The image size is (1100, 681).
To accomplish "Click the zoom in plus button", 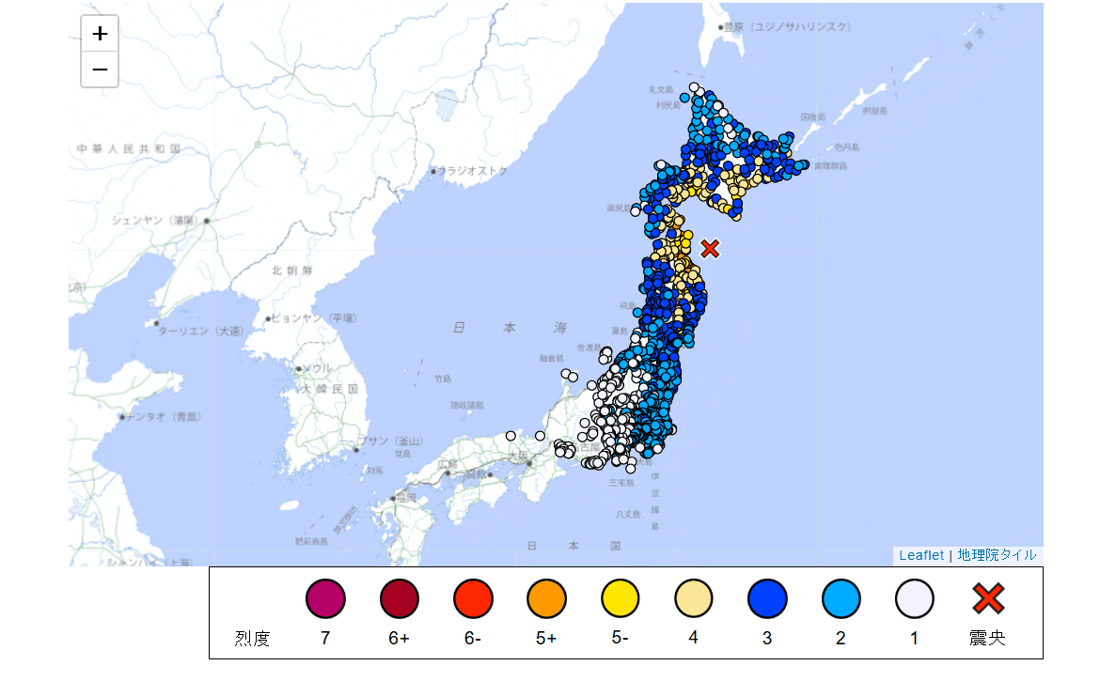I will point(100,34).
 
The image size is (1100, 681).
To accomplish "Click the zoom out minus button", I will point(100,70).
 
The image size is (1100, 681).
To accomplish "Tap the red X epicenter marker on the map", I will point(710,248).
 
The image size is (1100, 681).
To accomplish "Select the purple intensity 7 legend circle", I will point(325,598).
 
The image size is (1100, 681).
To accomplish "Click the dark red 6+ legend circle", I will point(400,598).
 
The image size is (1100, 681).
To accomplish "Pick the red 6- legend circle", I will point(473,598).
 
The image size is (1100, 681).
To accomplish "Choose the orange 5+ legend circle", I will point(546,598).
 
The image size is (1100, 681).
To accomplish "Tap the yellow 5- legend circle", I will point(620,598).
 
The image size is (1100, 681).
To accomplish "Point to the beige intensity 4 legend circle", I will point(693,598).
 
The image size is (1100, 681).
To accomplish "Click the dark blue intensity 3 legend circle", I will point(767,598).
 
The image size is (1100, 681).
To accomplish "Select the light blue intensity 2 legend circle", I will point(841,598).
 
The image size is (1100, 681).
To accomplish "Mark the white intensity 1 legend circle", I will point(914,598).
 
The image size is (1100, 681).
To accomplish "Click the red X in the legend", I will point(987,598).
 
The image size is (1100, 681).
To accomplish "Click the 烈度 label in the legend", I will point(252,639).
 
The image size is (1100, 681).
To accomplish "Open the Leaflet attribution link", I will point(920,555).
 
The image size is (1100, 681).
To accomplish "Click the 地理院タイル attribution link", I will point(997,555).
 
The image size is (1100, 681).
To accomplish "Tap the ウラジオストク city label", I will point(473,171).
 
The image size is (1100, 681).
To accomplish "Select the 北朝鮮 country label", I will point(291,271).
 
